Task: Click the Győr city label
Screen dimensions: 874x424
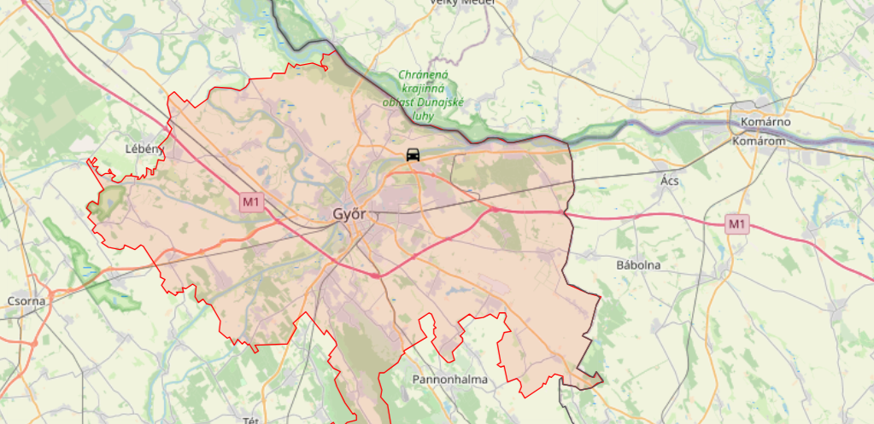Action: point(349,214)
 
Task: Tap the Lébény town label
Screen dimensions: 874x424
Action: point(143,148)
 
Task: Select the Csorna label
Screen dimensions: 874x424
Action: point(26,300)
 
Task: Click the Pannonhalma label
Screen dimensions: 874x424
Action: point(449,379)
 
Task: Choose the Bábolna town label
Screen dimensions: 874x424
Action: point(638,265)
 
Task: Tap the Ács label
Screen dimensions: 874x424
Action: point(669,181)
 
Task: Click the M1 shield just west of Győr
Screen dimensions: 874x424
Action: point(250,202)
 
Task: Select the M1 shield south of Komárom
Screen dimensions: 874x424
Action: point(737,224)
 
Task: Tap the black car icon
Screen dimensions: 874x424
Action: point(413,154)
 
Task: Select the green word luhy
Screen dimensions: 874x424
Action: point(424,116)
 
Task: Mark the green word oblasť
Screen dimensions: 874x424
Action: point(398,102)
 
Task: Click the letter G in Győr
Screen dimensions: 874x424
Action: point(337,214)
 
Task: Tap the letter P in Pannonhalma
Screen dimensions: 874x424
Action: point(417,379)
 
